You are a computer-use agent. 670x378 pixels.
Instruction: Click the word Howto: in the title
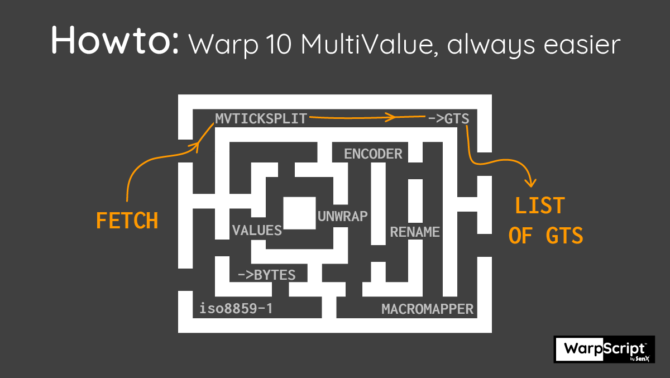click(x=115, y=40)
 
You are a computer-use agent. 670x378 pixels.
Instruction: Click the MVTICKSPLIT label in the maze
click(x=261, y=118)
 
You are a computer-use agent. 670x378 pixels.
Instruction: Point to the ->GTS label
click(x=448, y=118)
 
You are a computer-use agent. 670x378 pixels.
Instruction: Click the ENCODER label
click(x=373, y=154)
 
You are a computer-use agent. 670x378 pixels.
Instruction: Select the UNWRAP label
click(x=343, y=216)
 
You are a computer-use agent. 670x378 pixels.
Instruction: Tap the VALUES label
click(x=257, y=230)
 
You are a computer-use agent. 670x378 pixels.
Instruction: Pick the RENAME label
click(x=415, y=231)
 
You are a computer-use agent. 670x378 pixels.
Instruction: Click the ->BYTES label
click(x=266, y=275)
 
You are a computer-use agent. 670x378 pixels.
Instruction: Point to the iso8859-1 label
click(x=236, y=309)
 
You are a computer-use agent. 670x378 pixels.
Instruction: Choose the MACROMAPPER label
click(x=427, y=309)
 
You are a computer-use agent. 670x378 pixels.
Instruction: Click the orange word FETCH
click(x=127, y=221)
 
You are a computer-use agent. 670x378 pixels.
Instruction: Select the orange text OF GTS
click(x=546, y=236)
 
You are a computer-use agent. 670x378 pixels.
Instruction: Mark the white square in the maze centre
click(x=300, y=213)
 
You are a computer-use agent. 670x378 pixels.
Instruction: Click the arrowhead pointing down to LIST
click(x=532, y=183)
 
